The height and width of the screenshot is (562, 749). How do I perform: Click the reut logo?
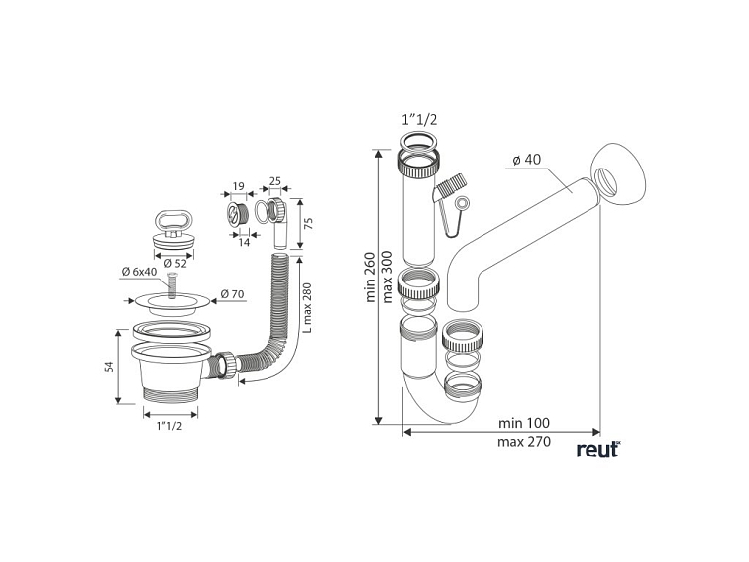pos(597,449)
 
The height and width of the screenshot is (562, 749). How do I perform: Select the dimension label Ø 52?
pos(173,263)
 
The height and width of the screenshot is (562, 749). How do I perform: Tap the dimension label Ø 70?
pos(233,294)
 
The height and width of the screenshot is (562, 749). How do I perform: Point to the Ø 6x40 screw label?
pos(138,272)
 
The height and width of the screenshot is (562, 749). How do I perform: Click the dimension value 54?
pos(110,367)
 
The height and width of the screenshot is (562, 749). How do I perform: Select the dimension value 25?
pos(274,182)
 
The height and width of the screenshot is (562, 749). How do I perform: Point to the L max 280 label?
pos(306,308)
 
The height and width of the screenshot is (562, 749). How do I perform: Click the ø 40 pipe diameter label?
pos(528,161)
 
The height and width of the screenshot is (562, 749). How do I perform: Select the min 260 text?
pos(369,276)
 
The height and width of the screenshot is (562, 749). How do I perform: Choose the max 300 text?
pos(388,276)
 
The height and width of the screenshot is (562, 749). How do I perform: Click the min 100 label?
pos(525,423)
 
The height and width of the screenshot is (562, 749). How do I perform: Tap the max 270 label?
pos(525,442)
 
